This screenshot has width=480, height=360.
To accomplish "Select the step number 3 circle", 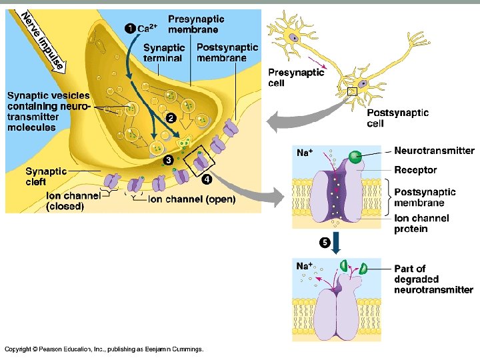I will click(169, 161).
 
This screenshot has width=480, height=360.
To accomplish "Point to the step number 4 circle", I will click(207, 179).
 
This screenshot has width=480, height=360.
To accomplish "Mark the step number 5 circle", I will click(325, 242).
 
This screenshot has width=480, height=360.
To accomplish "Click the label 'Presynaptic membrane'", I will click(196, 24).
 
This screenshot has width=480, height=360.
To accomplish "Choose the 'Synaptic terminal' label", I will click(163, 53).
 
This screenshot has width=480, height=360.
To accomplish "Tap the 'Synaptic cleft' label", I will click(46, 176).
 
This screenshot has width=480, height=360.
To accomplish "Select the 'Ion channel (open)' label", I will click(191, 199).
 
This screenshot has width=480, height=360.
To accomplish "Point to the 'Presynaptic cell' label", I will click(296, 77).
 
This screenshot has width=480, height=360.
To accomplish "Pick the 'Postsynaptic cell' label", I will click(398, 118).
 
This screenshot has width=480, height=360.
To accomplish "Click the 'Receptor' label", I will click(415, 171).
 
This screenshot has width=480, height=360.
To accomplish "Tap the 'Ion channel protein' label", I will click(421, 223).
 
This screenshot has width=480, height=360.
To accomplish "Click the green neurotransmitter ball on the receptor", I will click(355, 157).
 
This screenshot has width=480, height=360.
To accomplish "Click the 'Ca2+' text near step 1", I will click(147, 28).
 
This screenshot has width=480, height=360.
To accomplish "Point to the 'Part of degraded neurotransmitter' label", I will click(433, 279).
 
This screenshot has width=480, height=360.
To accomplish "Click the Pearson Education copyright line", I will click(104, 349).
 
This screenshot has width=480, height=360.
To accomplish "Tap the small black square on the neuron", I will click(352, 91).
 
